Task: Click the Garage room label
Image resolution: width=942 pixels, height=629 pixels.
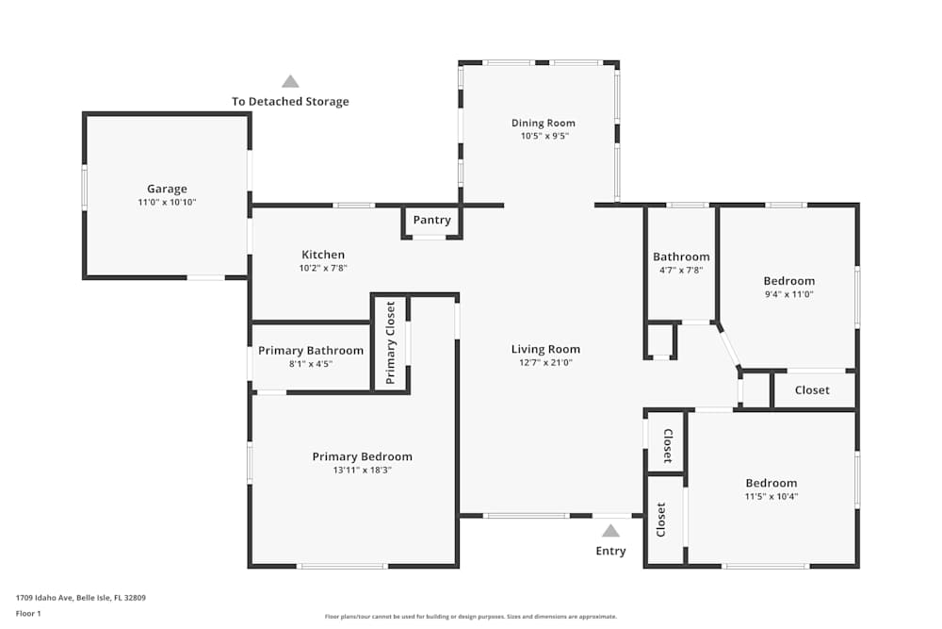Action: [167, 189]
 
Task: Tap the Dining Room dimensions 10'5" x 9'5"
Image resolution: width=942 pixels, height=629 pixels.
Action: [544, 136]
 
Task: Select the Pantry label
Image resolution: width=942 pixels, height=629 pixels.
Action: [432, 220]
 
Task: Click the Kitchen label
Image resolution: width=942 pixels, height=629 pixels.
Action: [323, 255]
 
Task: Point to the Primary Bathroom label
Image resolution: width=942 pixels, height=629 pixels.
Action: [311, 351]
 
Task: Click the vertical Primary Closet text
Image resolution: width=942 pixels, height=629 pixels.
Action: [391, 343]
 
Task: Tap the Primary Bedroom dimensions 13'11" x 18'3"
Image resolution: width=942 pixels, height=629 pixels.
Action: [362, 470]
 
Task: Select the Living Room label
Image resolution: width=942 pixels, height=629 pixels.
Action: [545, 349]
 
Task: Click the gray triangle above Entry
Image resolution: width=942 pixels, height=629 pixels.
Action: [611, 531]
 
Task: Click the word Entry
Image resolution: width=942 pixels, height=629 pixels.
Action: [610, 551]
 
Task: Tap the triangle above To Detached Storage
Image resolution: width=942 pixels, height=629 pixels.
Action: [290, 82]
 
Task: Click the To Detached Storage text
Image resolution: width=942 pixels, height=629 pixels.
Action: [290, 102]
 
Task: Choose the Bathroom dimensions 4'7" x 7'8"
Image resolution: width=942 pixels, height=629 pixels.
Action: [681, 270]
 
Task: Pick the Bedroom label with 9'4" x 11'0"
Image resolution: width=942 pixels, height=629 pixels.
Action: [788, 281]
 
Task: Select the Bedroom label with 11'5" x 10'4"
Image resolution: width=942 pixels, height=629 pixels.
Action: [771, 483]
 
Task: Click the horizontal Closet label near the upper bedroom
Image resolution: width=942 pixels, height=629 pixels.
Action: [812, 389]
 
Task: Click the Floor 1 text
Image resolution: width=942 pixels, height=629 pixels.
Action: [28, 613]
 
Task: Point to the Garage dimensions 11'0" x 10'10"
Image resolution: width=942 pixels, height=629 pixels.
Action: [167, 202]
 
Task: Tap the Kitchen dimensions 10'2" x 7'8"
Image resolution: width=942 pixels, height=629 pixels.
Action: [323, 268]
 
